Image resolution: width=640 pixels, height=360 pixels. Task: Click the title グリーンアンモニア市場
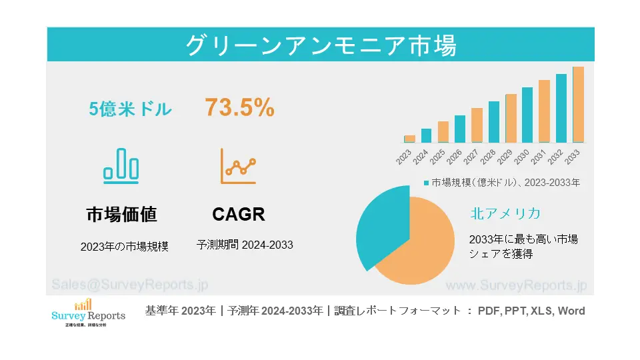click(320, 45)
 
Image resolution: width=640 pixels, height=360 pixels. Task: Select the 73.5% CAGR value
click(239, 108)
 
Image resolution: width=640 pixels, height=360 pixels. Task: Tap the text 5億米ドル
click(131, 109)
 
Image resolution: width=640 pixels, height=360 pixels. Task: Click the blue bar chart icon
click(121, 165)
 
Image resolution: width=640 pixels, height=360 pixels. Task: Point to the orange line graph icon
click(239, 167)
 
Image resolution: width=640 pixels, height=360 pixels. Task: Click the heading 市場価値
click(121, 214)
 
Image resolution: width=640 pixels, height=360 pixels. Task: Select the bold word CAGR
click(239, 214)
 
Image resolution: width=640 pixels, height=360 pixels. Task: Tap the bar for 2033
click(578, 105)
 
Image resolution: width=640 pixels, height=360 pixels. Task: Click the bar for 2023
click(409, 139)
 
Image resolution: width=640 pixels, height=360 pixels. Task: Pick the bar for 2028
click(493, 122)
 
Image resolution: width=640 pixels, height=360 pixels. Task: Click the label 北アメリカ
click(505, 213)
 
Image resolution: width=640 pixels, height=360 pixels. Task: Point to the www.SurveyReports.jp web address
click(515, 285)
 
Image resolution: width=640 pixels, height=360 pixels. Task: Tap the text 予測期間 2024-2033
click(245, 245)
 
